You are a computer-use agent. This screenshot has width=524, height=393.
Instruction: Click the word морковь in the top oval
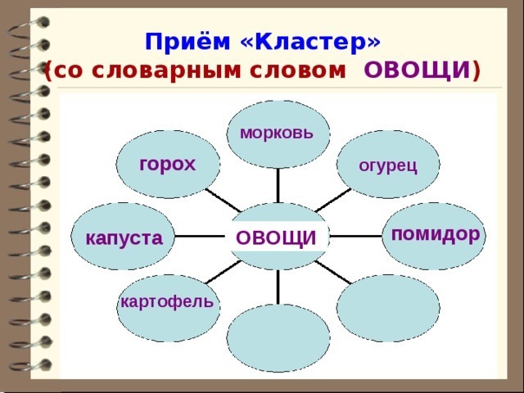[x=276, y=133]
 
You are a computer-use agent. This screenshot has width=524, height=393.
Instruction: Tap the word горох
[x=168, y=164]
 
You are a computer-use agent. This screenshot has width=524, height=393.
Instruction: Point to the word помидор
[x=435, y=233]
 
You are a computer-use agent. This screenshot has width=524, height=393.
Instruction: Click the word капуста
[x=124, y=238]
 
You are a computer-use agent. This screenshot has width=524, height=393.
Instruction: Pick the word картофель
[x=167, y=302]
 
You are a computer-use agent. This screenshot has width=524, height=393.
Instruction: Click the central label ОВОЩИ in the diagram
[x=276, y=237]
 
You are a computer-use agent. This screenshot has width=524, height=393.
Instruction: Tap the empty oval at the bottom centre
[x=278, y=337]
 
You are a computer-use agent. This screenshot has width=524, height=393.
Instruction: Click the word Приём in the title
[x=178, y=42]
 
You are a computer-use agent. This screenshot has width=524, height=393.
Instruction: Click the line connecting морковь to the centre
[x=278, y=184]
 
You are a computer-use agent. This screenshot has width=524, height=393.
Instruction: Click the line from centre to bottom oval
[x=278, y=287]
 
